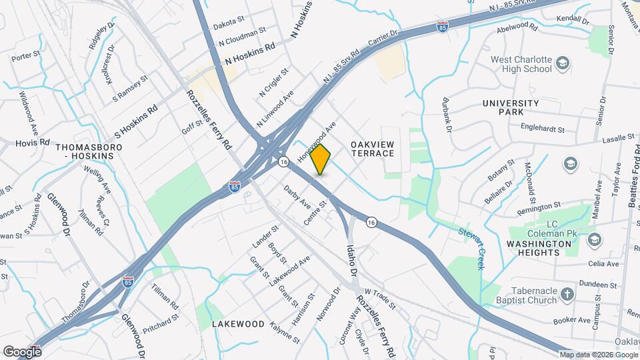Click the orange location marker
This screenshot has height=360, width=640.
(x=321, y=159)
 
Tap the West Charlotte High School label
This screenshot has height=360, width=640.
(x=521, y=64)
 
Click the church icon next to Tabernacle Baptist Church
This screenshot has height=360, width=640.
(x=567, y=295)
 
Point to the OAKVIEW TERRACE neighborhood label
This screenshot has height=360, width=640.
(x=372, y=149)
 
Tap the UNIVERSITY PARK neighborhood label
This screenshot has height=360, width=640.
(x=511, y=108)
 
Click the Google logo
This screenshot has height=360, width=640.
(x=22, y=351)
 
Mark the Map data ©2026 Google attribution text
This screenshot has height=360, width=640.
(x=599, y=355)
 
